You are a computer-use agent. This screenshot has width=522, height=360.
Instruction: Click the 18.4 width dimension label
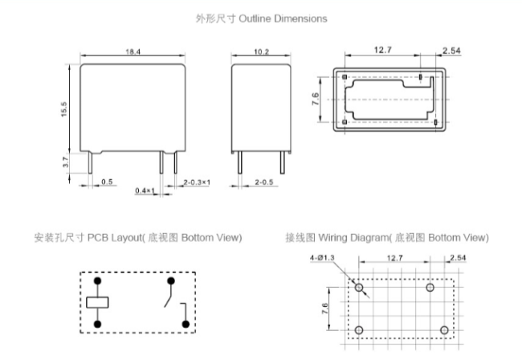tap(133, 51)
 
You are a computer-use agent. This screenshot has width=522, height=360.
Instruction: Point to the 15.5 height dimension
tap(65, 108)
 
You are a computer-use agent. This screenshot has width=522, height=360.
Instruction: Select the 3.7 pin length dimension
tap(65, 162)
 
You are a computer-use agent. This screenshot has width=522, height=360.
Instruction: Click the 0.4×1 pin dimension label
tap(144, 190)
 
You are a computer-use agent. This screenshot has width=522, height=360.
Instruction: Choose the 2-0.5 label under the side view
tap(266, 182)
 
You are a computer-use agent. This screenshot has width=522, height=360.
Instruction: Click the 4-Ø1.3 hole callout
tap(321, 259)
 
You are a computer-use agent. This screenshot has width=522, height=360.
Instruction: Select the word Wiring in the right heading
tap(336, 239)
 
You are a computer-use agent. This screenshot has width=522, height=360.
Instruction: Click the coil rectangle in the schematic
tap(97, 303)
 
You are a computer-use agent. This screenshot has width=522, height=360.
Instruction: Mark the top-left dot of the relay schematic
tap(97, 281)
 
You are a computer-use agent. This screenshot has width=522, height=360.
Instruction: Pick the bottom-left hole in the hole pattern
tap(359, 330)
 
